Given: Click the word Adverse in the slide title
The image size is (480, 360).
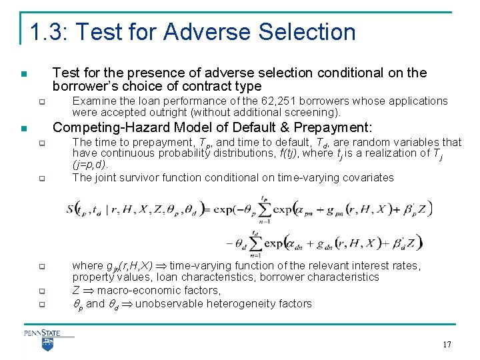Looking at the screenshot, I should click(x=205, y=31).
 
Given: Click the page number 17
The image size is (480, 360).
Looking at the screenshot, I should click(x=447, y=345).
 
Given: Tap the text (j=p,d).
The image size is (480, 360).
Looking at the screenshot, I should click(x=89, y=164).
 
